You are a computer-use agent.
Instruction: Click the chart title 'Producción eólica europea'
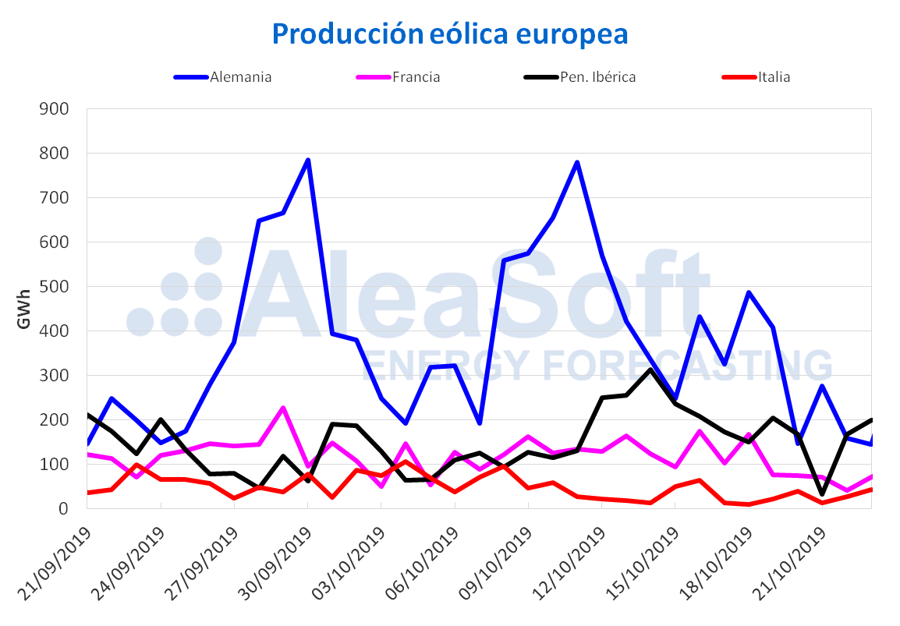[450, 34]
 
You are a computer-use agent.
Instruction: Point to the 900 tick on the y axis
[55, 108]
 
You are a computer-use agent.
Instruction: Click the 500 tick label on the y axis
[55, 286]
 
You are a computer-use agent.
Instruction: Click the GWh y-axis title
[23, 309]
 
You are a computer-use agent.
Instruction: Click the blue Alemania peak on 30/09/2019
[308, 161]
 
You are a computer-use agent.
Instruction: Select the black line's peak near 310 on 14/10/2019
[651, 370]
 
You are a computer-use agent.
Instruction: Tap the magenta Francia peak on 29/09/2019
[283, 408]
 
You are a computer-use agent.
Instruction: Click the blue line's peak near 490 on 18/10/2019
[749, 292]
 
